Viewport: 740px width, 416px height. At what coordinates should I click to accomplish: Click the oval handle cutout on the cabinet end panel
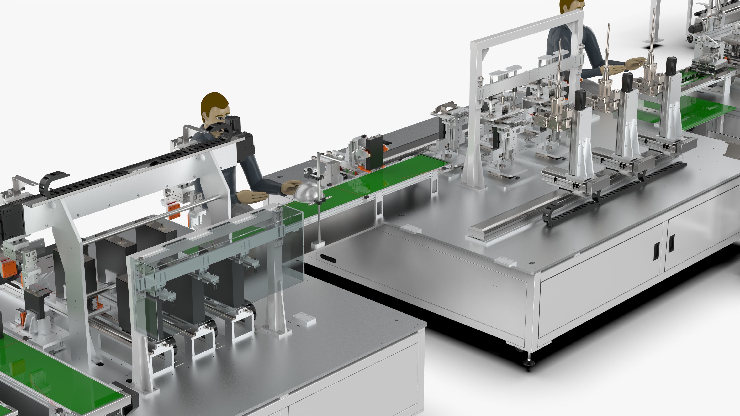pos(328,259)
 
